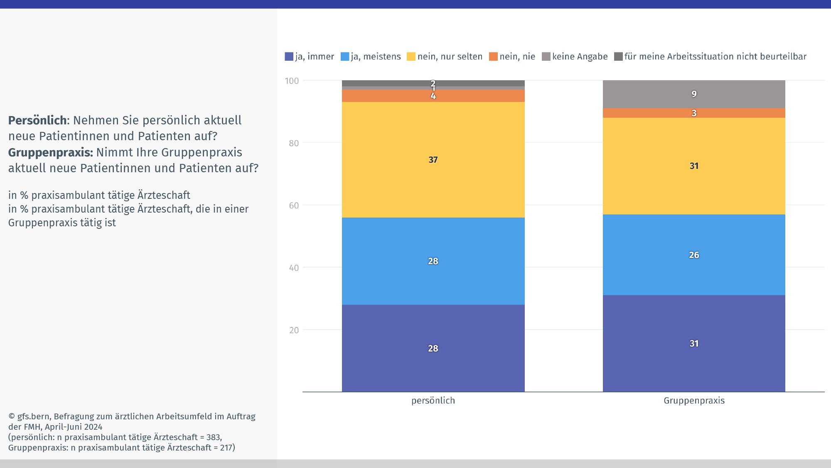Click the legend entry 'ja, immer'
pos(310,57)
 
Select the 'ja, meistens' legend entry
pos(371,57)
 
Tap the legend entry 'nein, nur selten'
pos(445,57)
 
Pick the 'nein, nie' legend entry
pos(512,57)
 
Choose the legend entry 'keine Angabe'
pos(575,57)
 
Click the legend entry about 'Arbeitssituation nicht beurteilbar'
pos(710,57)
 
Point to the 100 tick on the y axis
pos(292,81)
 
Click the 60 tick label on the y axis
pos(294,206)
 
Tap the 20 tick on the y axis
pos(294,330)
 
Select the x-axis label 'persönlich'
pos(433,401)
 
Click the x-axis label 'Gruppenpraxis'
pos(694,401)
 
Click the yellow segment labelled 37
pos(433,160)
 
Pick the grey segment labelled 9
pos(694,94)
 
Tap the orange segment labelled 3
pos(694,113)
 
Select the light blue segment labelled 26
pos(694,255)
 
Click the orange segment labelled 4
pos(433,96)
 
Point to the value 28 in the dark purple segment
pos(433,349)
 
